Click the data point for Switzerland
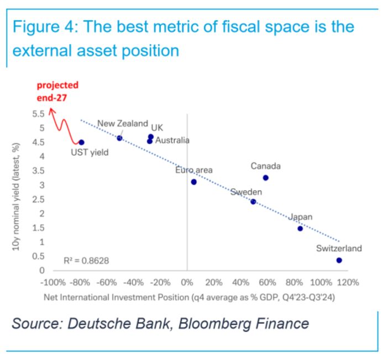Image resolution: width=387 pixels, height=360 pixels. [x=339, y=260]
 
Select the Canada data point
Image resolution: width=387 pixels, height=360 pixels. [x=265, y=178]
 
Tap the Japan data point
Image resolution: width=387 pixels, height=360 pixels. [x=300, y=229]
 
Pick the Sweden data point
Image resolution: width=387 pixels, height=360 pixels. [x=253, y=202]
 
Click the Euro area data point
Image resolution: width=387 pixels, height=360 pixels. [x=193, y=182]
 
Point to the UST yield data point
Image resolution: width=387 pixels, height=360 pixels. [x=81, y=142]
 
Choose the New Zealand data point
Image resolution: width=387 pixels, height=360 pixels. [x=119, y=138]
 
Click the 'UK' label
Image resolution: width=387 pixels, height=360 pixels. [x=157, y=126]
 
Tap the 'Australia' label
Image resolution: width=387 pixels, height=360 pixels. [x=172, y=140]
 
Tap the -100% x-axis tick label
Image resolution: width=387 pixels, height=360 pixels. [x=53, y=282]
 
